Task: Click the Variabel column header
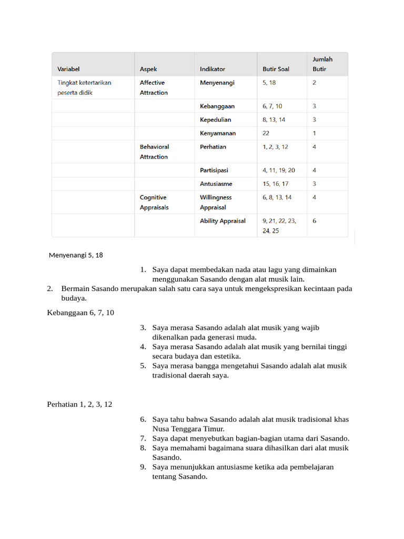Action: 68,69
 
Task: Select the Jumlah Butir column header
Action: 322,64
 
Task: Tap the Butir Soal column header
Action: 276,69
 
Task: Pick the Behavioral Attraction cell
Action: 154,152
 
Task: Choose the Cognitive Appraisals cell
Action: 154,202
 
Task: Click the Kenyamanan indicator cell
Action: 217,133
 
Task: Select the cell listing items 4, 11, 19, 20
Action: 278,171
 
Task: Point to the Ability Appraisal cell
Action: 223,221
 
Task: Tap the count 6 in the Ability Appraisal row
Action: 315,221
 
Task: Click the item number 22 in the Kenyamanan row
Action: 266,133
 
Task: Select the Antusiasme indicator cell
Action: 216,184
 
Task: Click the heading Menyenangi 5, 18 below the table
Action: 76,255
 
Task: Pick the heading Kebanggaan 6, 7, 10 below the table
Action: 80,313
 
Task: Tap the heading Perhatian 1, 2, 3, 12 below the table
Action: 79,404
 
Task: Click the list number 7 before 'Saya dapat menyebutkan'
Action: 143,438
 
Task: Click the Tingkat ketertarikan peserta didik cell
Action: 84,87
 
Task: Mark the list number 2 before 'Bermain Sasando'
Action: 50,288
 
